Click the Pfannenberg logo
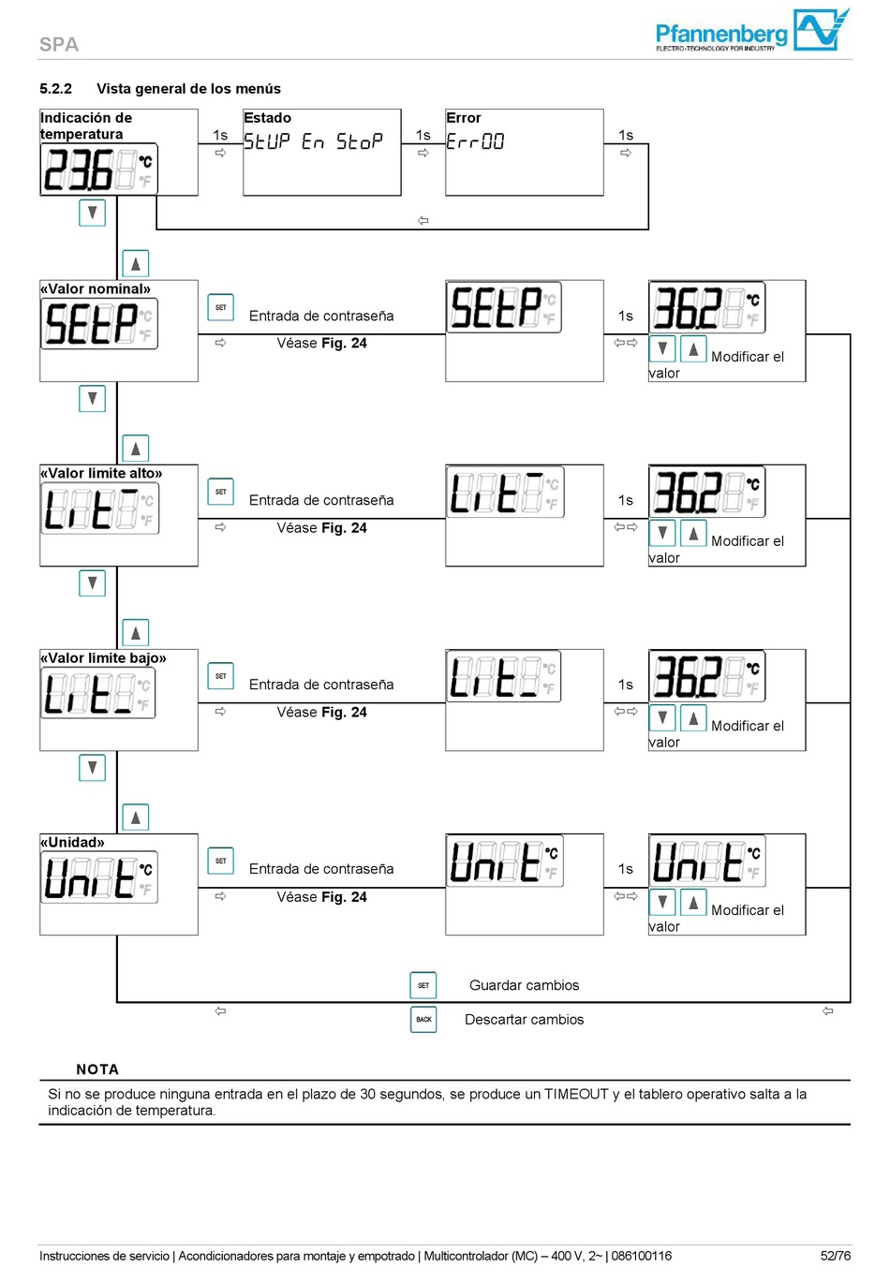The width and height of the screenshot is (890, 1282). click(x=751, y=32)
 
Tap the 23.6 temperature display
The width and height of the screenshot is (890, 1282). click(x=98, y=169)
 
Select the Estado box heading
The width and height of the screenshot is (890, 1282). click(x=267, y=118)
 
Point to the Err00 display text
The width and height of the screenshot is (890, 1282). click(x=475, y=141)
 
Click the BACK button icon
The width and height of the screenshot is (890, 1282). click(x=423, y=1019)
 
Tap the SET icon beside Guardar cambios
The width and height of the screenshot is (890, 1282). click(x=423, y=985)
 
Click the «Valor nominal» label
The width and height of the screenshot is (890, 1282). click(x=96, y=288)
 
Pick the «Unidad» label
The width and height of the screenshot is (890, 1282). click(x=72, y=842)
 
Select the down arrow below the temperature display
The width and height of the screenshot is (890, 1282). click(x=92, y=213)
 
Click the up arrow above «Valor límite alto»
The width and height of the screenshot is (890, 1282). click(x=136, y=449)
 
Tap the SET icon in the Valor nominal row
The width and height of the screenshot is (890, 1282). click(x=220, y=307)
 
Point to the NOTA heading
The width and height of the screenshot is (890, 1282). click(x=97, y=1069)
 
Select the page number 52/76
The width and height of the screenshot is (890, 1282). click(x=836, y=1256)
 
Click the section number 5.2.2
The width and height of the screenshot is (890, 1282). click(x=55, y=89)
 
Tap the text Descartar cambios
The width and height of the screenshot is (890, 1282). click(x=524, y=1020)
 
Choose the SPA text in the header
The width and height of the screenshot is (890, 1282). click(x=59, y=44)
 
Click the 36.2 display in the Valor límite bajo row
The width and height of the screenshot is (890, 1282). click(x=706, y=676)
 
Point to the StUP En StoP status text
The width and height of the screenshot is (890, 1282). click(x=313, y=141)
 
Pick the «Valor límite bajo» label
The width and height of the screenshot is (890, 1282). click(x=103, y=658)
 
